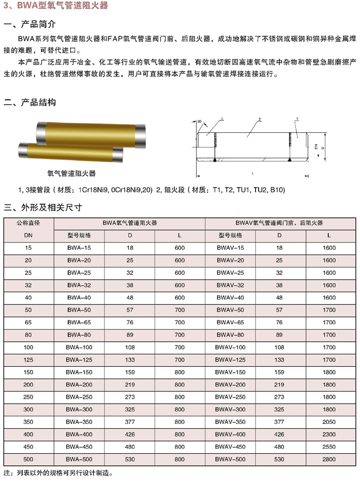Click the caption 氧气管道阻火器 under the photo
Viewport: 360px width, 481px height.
72,173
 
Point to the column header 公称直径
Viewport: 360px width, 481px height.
28,223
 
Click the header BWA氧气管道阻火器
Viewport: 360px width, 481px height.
130,223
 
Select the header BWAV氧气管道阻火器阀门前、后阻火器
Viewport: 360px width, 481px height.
279,223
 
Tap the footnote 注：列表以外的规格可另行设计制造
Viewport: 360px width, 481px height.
58,473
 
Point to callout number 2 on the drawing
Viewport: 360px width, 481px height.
260,119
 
